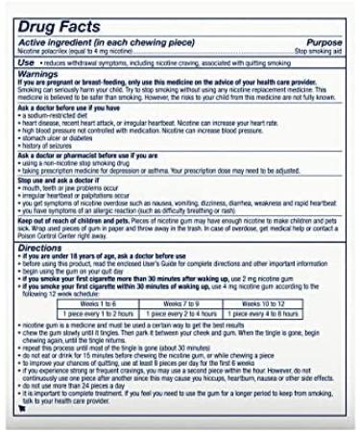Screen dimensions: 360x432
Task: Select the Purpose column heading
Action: coord(324,42)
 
